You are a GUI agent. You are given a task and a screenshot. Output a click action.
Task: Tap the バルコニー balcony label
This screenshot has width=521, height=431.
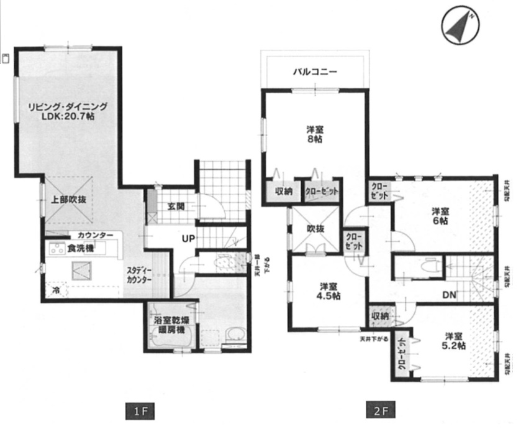pyautogui.click(x=315, y=72)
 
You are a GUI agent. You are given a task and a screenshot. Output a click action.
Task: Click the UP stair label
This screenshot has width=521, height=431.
pyautogui.click(x=189, y=237)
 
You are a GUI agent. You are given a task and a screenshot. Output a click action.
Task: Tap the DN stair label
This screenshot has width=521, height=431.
pyautogui.click(x=450, y=294)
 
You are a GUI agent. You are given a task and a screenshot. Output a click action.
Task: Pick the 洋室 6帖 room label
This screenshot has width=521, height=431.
pyautogui.click(x=442, y=215)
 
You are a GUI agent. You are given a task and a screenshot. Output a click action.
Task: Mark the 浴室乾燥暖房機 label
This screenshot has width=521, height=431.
pyautogui.click(x=172, y=325)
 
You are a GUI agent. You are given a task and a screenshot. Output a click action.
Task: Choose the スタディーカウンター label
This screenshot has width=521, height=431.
pyautogui.click(x=139, y=276)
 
